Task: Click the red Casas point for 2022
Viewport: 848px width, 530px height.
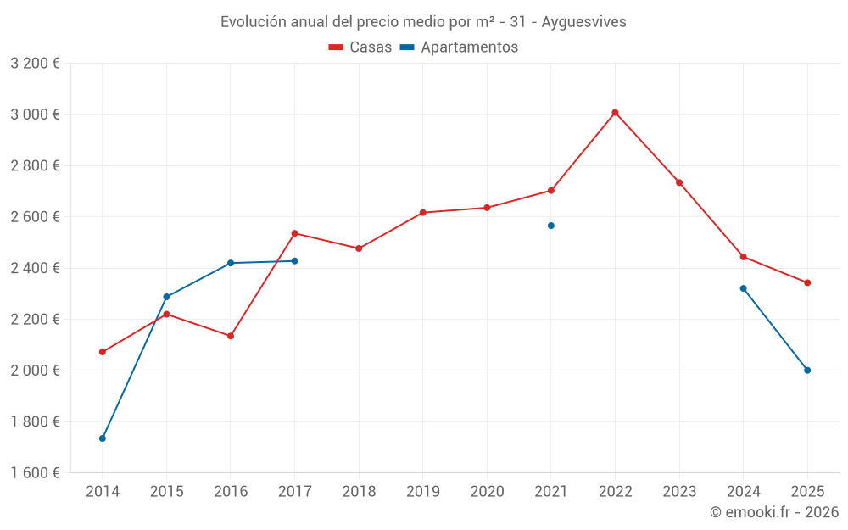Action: (615, 112)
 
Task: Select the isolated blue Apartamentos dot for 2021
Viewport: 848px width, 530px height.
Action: (551, 226)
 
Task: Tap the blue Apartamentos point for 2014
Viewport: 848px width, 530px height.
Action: (103, 438)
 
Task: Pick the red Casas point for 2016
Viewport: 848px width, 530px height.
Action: (231, 336)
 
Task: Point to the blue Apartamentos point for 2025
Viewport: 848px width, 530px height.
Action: (807, 370)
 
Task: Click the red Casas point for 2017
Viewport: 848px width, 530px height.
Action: (295, 233)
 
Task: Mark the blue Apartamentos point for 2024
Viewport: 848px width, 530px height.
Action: (744, 288)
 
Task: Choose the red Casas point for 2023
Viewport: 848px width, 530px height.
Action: (679, 182)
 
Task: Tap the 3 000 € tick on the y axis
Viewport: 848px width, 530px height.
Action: (35, 114)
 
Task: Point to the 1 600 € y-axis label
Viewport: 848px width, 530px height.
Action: (35, 473)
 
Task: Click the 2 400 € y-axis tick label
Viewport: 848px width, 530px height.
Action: (35, 268)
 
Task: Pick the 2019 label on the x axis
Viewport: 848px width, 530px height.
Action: (423, 492)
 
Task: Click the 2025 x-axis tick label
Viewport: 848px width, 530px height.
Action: (807, 492)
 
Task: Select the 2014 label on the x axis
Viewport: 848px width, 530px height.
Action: (103, 492)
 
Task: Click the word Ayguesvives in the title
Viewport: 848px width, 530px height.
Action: (586, 22)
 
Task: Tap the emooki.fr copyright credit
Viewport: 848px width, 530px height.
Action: (773, 512)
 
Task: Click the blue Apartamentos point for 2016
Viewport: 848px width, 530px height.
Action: (231, 263)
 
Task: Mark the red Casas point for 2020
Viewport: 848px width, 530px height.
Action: (487, 208)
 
